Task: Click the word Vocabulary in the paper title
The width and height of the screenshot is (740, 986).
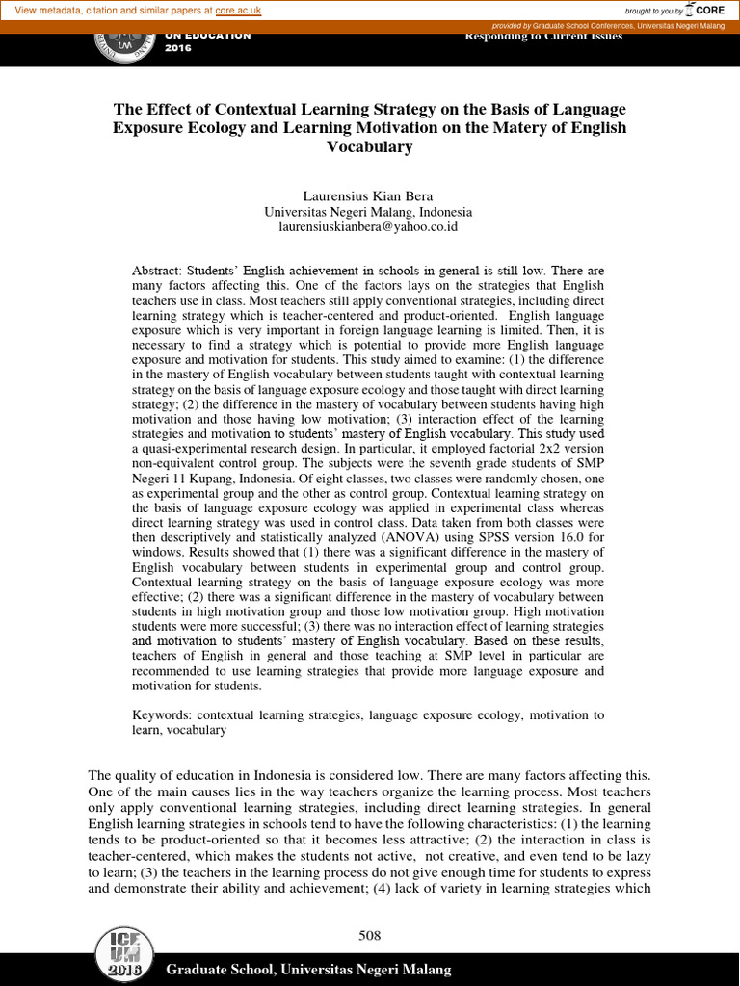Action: (369, 147)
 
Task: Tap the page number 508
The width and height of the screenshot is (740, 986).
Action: (370, 935)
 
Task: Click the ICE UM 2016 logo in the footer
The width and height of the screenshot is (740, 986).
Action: (120, 955)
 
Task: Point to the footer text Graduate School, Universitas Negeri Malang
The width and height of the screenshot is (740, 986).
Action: (308, 969)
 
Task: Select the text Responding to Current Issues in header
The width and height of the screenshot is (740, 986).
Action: (543, 37)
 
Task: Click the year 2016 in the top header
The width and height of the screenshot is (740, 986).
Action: (179, 48)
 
